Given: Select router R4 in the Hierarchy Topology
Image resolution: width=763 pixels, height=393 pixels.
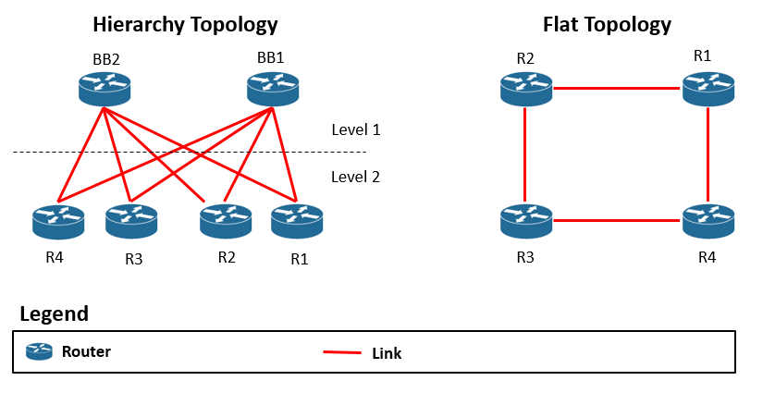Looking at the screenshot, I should (x=58, y=220).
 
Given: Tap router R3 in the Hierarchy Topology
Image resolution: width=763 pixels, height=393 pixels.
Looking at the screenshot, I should (x=131, y=220).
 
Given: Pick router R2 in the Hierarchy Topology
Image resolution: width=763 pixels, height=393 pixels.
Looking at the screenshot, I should (x=226, y=220).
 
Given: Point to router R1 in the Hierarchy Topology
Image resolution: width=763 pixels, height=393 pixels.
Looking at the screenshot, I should (x=297, y=220).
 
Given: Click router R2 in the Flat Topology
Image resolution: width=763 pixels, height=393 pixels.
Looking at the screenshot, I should (x=525, y=89).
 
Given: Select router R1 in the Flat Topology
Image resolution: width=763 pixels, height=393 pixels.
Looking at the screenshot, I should (x=708, y=89).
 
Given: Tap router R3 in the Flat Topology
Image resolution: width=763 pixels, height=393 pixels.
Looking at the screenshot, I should (x=525, y=220).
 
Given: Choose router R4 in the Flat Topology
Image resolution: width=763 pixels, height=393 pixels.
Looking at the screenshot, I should (x=708, y=220).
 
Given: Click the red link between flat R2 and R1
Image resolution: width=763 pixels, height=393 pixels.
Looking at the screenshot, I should (x=617, y=89).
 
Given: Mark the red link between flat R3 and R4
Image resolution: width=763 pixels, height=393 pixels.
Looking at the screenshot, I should (x=617, y=220).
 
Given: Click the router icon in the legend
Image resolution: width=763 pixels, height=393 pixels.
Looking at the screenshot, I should (x=39, y=351).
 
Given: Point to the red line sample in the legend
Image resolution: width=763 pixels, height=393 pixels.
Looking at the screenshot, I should (x=341, y=352).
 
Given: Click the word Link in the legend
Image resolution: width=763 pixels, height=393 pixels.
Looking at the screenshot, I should (x=387, y=353).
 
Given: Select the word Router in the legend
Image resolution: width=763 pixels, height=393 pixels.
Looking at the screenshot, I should (x=86, y=351).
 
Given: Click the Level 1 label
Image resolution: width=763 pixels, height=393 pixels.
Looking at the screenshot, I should (x=355, y=130).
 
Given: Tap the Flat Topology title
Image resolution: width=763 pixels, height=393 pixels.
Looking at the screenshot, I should (x=606, y=25).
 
